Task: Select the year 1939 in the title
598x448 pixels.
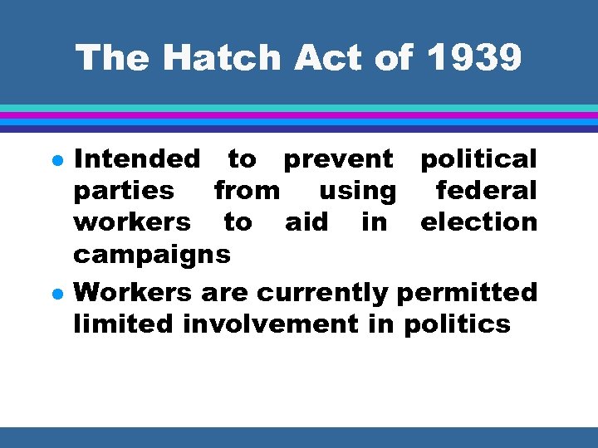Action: coord(475,58)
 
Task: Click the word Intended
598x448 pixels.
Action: coord(137,158)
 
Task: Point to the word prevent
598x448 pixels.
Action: coord(338,158)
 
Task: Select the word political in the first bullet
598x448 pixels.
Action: coord(478,158)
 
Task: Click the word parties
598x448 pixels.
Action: coord(125,191)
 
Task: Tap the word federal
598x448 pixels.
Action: coord(487,191)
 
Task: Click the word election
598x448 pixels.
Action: coord(478,222)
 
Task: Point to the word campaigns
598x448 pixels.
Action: coord(152,255)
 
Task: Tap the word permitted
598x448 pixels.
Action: coord(468,293)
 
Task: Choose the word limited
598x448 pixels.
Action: coord(125,324)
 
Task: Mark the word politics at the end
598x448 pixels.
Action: coord(457,324)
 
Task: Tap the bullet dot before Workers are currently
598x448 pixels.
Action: coord(55,294)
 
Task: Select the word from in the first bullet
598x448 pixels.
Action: coord(247,191)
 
